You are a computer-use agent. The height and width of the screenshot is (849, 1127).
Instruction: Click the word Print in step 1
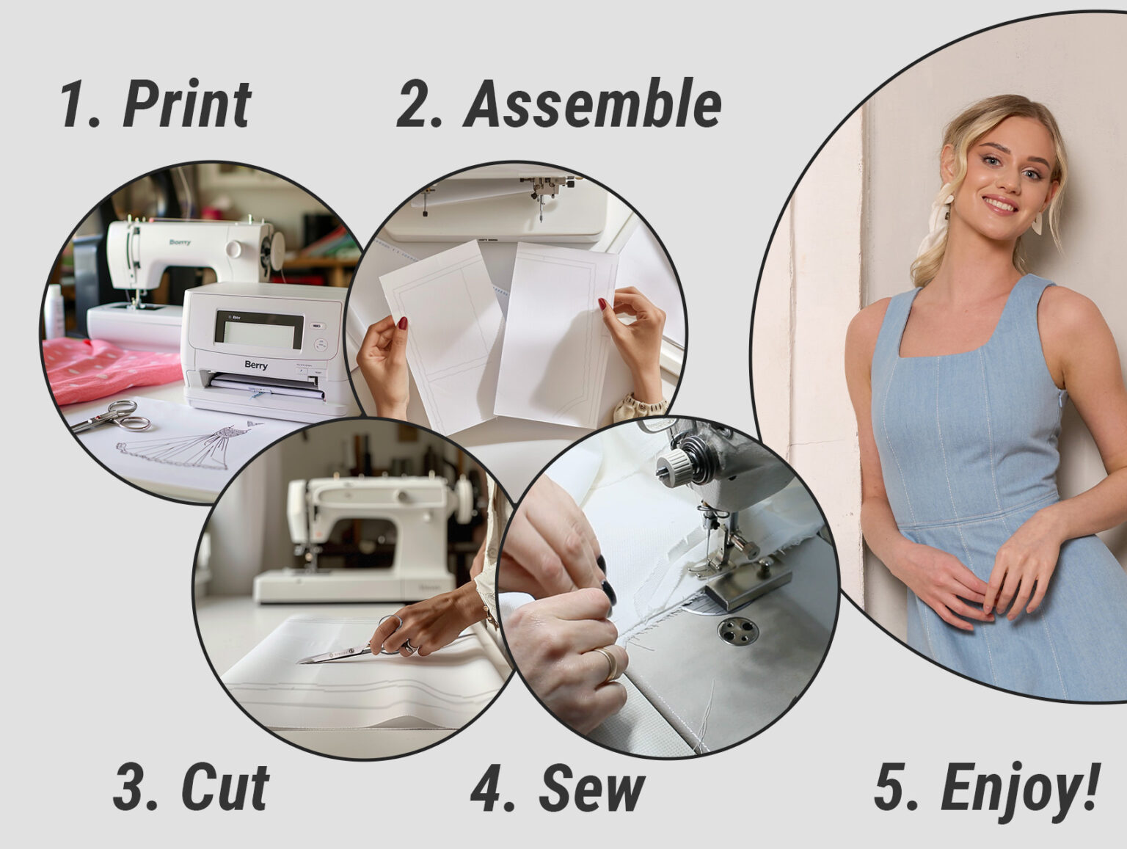coord(188,104)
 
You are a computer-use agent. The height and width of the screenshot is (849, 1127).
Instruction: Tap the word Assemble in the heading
coord(593,104)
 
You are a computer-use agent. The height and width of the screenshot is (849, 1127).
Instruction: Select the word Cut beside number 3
coord(225,788)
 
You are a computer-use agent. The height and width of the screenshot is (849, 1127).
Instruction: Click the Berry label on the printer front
coord(256,365)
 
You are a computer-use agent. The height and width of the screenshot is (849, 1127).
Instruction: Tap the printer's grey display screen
coord(258,330)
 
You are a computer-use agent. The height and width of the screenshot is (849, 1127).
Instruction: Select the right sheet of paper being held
coord(558,330)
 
